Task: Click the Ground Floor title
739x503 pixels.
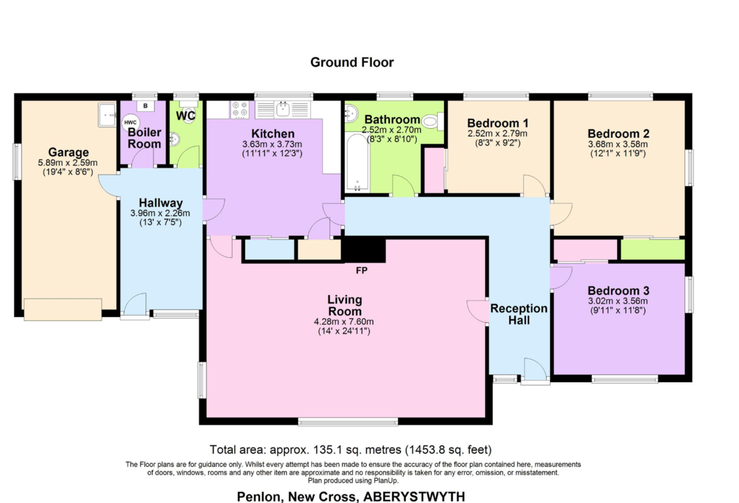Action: (352, 62)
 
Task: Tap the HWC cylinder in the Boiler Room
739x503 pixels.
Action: (131, 123)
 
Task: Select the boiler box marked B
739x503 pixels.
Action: (145, 106)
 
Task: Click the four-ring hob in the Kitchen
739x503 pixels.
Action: (240, 110)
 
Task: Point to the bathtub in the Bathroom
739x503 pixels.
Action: (357, 163)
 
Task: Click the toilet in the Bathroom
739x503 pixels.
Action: (432, 122)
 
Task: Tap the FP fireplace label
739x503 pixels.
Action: (361, 271)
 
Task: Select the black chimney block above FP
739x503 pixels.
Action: (365, 249)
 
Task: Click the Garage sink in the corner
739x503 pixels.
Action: (107, 115)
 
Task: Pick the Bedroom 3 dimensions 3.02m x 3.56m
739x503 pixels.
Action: (618, 301)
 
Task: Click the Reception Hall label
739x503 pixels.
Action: (519, 315)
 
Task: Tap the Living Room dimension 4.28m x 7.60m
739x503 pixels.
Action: (344, 321)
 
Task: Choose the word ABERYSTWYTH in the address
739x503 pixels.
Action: (414, 496)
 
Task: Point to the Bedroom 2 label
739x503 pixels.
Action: (618, 134)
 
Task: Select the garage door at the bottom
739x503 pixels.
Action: (63, 310)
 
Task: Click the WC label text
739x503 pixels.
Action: (186, 116)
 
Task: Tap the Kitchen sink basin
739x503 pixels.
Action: (283, 109)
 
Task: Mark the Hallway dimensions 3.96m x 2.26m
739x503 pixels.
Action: (160, 213)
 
